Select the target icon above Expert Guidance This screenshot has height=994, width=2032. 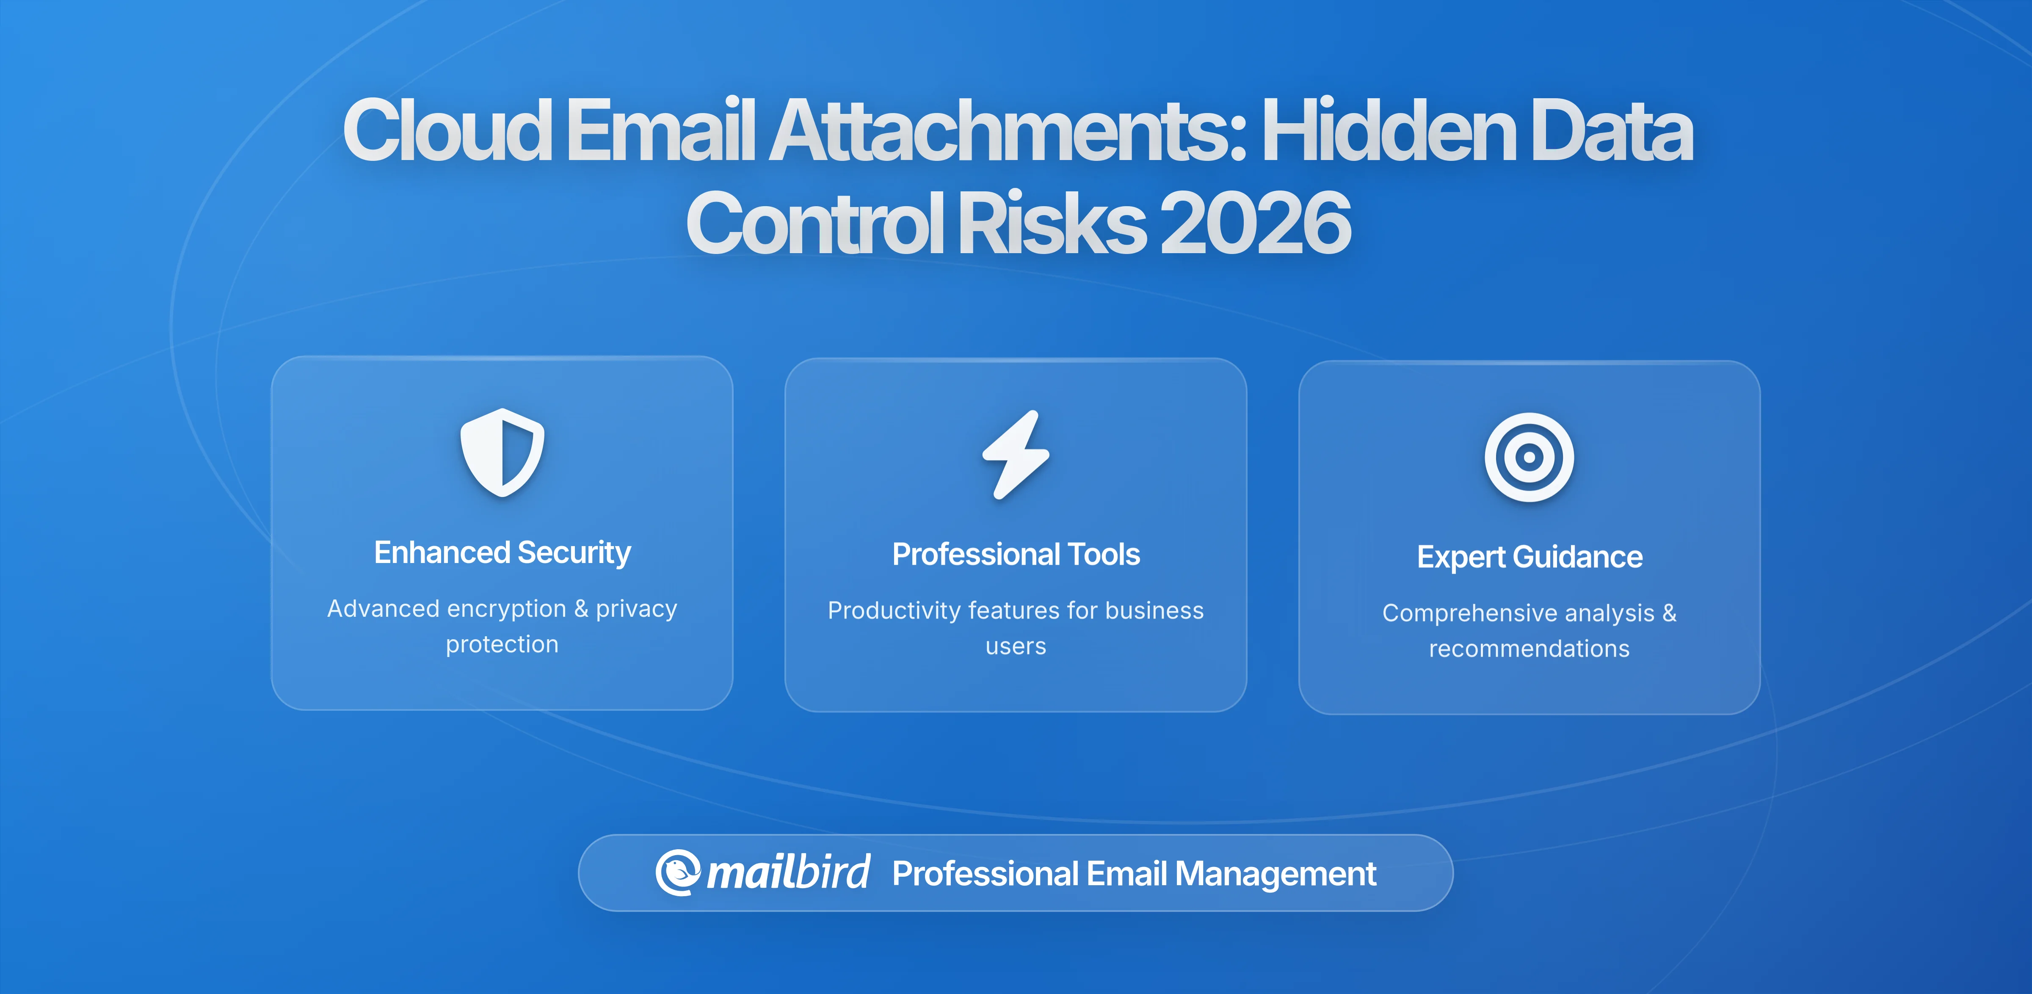[x=1529, y=457]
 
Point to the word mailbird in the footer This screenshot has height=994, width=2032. [x=788, y=873]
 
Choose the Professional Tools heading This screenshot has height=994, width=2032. [x=1016, y=555]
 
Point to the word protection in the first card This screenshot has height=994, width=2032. [x=502, y=644]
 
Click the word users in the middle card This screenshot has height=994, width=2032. [x=1016, y=647]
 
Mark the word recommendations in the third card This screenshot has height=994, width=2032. [x=1529, y=649]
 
